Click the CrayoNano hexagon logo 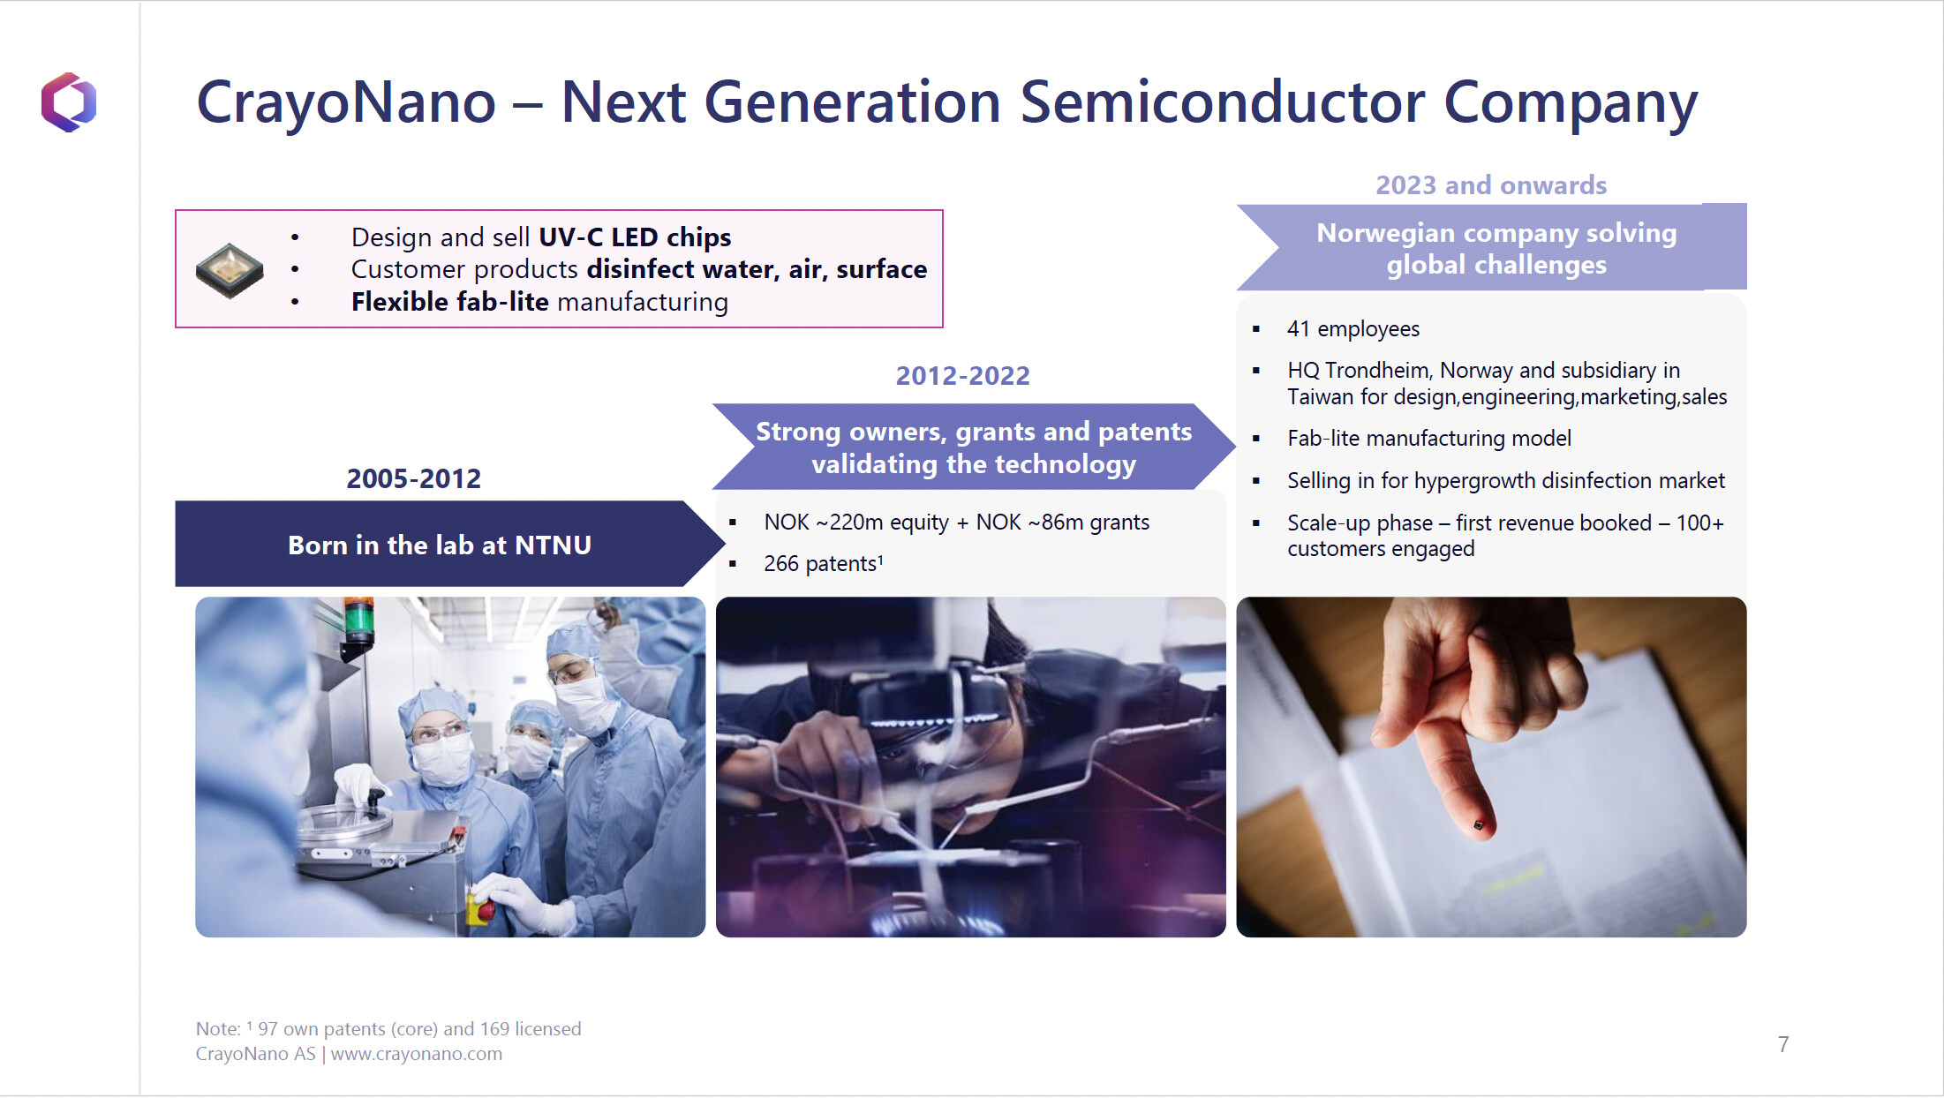(x=69, y=102)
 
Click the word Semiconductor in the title (x=1223, y=102)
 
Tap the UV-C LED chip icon (x=230, y=270)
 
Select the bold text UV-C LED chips (x=635, y=237)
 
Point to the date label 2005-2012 (x=414, y=478)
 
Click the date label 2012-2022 (x=963, y=376)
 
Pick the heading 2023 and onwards (x=1491, y=185)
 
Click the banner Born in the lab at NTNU (x=440, y=545)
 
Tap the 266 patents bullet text (x=824, y=563)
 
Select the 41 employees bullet (x=1353, y=329)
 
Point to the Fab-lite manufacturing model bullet (x=1429, y=439)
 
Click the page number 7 (x=1783, y=1044)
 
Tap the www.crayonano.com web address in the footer (x=417, y=1054)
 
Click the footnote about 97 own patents (x=388, y=1029)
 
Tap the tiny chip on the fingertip (x=1479, y=825)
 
